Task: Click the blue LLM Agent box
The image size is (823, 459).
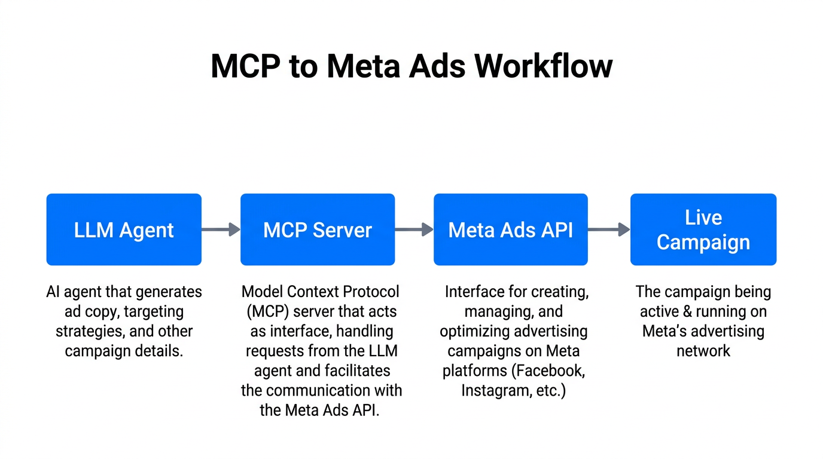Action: [x=124, y=229]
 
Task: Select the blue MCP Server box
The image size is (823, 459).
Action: [x=318, y=229]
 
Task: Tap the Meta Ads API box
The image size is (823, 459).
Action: [x=511, y=229]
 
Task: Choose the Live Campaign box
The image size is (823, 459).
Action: [x=703, y=229]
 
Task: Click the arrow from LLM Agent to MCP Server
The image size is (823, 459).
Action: [x=221, y=229]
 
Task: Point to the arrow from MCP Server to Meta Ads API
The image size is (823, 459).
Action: [x=414, y=229]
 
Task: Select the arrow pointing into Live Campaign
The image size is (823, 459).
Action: [x=609, y=229]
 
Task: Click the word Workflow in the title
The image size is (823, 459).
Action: [x=544, y=66]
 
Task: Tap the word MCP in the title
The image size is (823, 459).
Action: [x=245, y=66]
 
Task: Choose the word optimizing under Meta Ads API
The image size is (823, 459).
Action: [x=476, y=331]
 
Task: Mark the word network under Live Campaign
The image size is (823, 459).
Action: [x=703, y=351]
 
